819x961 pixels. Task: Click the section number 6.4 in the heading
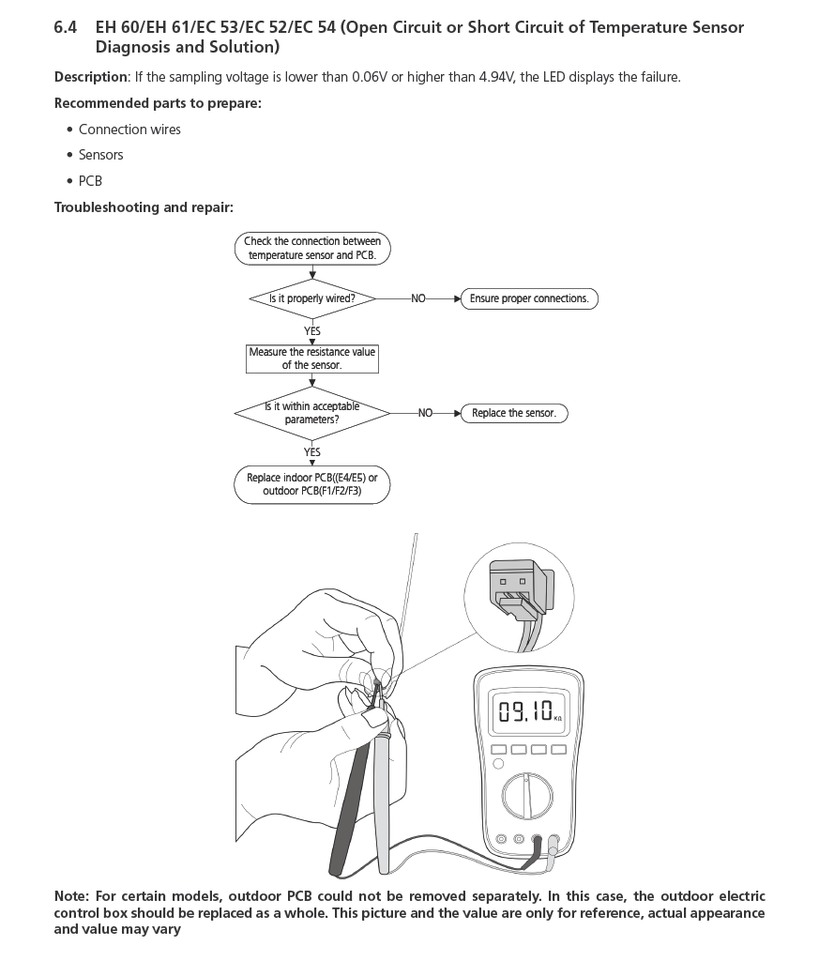click(65, 27)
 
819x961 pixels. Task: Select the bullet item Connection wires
click(129, 130)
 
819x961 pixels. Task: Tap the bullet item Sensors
click(100, 155)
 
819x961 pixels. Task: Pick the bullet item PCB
click(90, 180)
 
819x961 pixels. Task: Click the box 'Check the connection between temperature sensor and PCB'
click(312, 248)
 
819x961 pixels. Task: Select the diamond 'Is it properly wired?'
click(312, 298)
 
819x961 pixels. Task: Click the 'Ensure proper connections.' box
click(529, 298)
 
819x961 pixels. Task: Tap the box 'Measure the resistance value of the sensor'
click(312, 358)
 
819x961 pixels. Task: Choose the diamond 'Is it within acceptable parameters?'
click(312, 413)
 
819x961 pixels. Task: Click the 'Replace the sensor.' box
click(514, 413)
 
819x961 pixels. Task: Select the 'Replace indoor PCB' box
click(312, 484)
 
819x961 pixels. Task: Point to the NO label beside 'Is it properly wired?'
click(418, 298)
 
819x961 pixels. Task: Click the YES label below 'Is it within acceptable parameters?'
click(312, 452)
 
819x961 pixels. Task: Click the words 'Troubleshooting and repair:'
click(144, 207)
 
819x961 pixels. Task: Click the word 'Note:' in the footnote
click(71, 896)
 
